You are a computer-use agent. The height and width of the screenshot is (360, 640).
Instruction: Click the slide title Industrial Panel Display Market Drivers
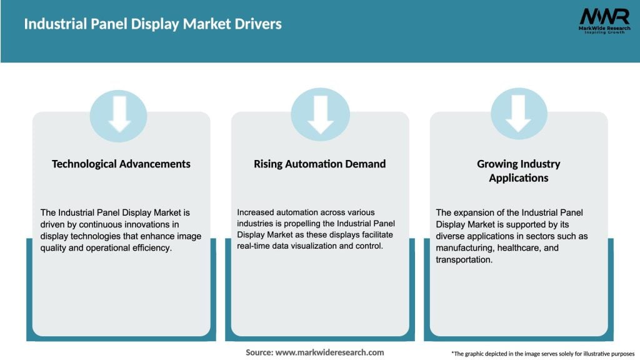[x=152, y=24]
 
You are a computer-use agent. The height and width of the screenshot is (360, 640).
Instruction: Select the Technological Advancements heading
[x=121, y=164]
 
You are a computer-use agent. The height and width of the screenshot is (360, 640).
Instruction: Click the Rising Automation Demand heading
[x=319, y=164]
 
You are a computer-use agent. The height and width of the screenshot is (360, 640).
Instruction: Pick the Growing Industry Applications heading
[x=518, y=171]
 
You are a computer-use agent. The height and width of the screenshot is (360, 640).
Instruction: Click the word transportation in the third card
[x=464, y=259]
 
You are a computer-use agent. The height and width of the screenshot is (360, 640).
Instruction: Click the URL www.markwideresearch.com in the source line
[x=329, y=352]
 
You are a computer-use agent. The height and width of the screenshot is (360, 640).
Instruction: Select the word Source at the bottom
[x=259, y=352]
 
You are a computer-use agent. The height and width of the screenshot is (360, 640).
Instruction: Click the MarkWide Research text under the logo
[x=604, y=28]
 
